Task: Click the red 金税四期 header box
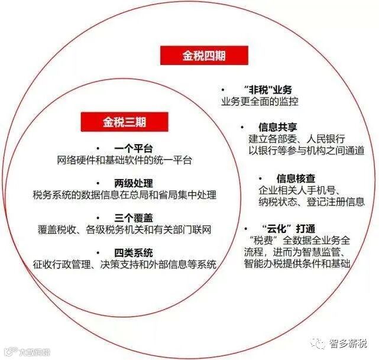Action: tap(195, 56)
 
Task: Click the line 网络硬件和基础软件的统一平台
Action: tap(125, 160)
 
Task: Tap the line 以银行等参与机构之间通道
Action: tap(300, 151)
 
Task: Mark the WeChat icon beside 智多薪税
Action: tap(319, 343)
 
